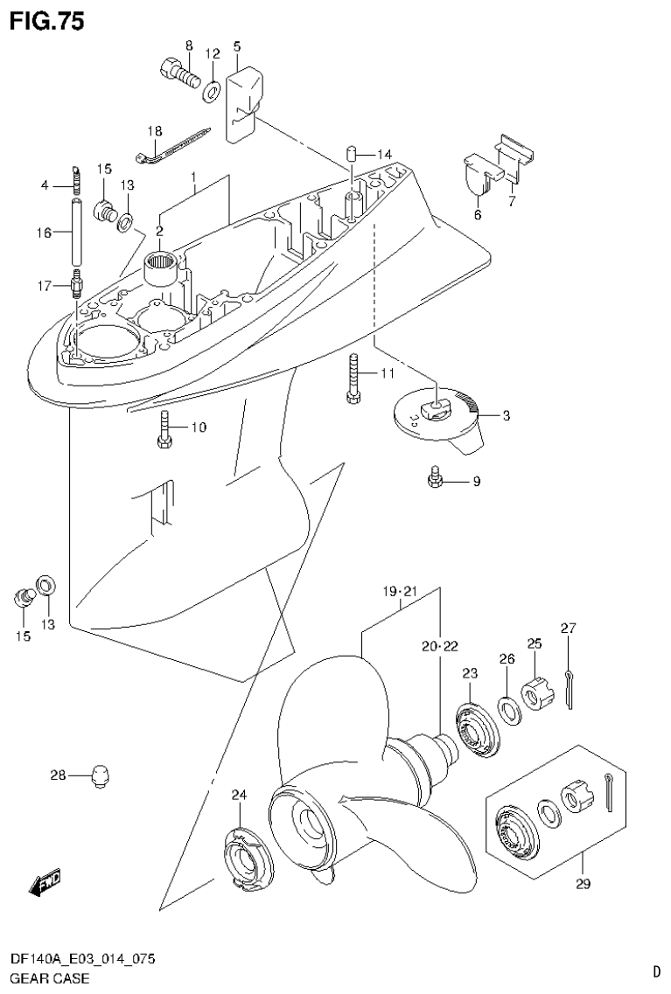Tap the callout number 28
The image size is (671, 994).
[x=59, y=775]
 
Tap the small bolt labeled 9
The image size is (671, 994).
[x=435, y=480]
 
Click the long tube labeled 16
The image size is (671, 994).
[x=76, y=232]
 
